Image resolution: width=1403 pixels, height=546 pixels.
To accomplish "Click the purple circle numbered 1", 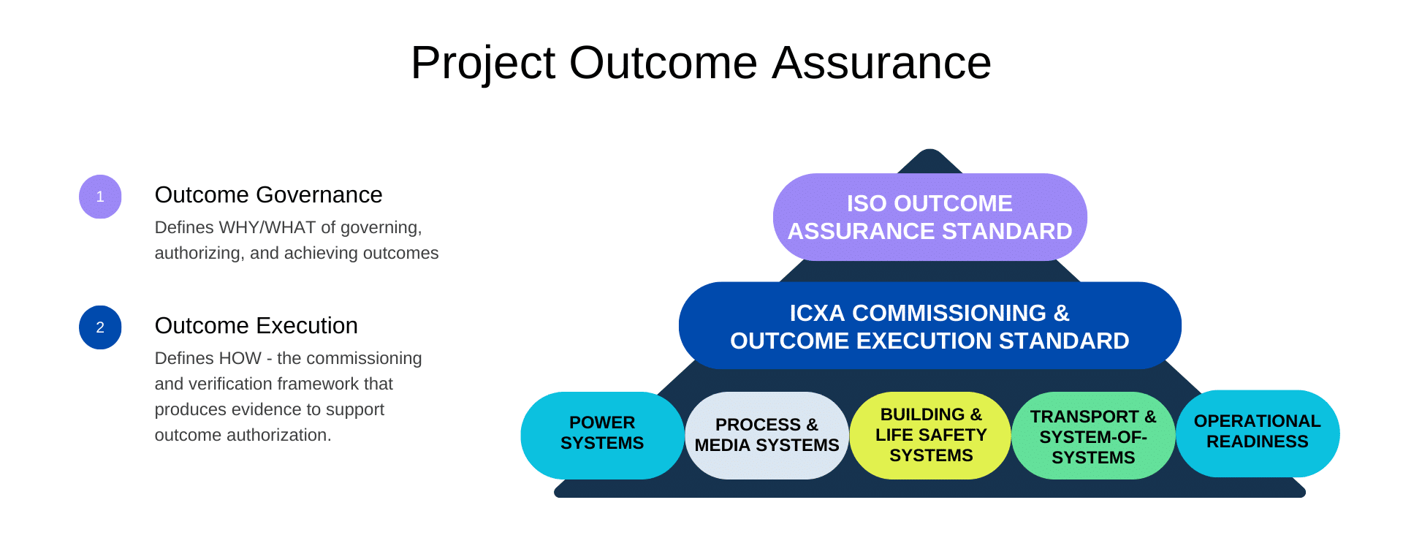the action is (100, 197).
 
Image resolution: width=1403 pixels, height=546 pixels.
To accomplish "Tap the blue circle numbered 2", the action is (100, 327).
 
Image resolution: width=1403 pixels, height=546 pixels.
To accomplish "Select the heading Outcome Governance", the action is (268, 195).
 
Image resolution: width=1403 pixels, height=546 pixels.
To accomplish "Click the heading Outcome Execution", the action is (256, 326).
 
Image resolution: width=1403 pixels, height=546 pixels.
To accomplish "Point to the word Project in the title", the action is (483, 64).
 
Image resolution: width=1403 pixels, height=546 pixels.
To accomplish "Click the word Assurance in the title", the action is (882, 63).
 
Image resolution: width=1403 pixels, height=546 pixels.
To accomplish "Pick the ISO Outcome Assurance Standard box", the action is (929, 217).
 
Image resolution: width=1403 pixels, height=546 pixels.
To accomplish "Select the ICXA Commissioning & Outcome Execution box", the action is (929, 325).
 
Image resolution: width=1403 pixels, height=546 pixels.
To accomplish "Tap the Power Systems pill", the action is (602, 436).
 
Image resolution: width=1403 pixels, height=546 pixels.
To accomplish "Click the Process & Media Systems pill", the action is (767, 436).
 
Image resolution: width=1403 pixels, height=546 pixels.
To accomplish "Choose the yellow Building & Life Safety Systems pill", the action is (931, 436).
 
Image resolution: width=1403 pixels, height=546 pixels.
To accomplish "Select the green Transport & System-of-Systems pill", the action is (1093, 436).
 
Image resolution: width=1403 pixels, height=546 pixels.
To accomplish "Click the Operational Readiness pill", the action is (1258, 433).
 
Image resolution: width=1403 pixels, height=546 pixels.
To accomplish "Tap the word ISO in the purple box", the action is (867, 204).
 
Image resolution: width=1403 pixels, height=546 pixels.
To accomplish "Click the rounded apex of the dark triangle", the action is (929, 151).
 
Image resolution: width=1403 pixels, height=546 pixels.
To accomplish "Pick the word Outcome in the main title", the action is (664, 63).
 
